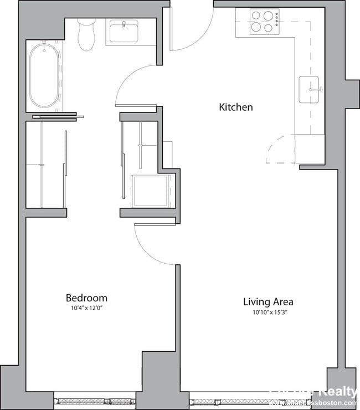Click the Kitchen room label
(x=236, y=107)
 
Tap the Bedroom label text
(x=86, y=298)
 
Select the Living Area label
(x=268, y=302)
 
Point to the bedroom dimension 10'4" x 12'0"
(x=86, y=308)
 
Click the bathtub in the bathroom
(x=45, y=76)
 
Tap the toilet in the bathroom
(x=86, y=34)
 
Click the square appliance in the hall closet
(x=150, y=191)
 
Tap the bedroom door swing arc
(x=153, y=244)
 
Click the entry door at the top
(x=191, y=28)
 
